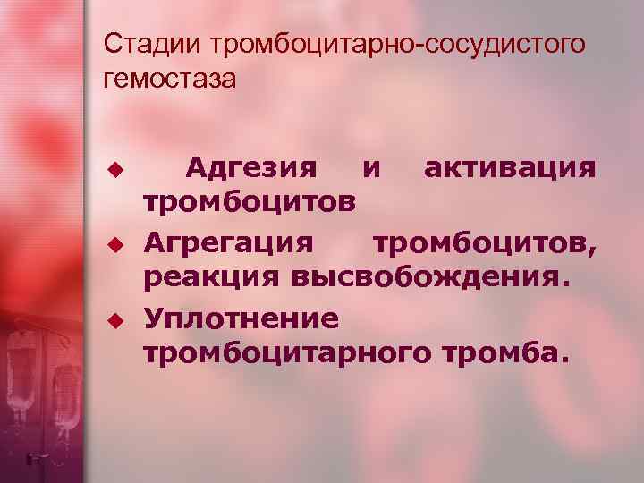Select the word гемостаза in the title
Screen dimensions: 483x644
pyautogui.click(x=170, y=80)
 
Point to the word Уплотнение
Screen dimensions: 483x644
pyautogui.click(x=241, y=318)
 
